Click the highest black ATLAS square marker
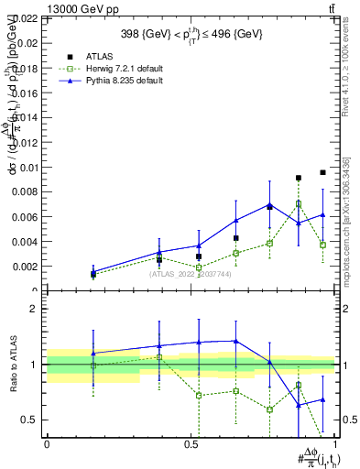coord(322,172)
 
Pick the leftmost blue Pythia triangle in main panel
coord(93,271)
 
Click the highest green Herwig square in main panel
coord(299,204)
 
